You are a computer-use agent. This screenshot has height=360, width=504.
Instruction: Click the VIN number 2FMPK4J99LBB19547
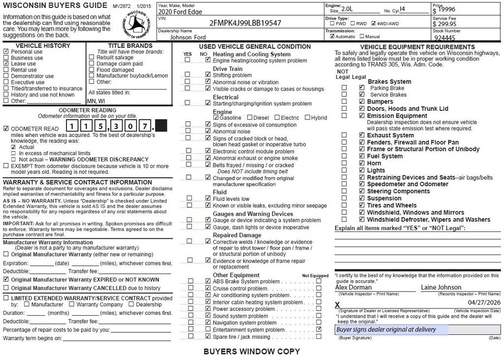(x=245, y=23)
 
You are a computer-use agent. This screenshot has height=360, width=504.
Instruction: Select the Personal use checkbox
(x=6, y=51)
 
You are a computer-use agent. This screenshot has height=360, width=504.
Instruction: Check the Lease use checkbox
(x=6, y=64)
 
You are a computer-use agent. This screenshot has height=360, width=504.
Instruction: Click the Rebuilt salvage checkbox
(x=92, y=57)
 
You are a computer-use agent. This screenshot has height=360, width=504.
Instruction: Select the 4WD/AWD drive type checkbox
(x=374, y=23)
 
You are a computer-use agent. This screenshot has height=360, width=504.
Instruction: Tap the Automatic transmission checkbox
(x=332, y=36)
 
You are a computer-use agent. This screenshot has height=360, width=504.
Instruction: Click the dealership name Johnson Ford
(x=188, y=37)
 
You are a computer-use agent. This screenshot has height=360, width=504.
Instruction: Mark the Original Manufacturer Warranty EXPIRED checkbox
(x=6, y=279)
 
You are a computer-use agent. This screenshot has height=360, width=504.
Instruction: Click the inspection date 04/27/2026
(x=484, y=302)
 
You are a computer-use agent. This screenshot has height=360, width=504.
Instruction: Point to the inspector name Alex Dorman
(x=353, y=287)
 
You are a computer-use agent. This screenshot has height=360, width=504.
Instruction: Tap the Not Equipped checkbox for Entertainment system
(x=319, y=329)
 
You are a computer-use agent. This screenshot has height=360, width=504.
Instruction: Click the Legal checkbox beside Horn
(x=362, y=163)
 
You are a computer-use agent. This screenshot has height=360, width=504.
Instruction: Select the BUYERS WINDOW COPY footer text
(x=252, y=352)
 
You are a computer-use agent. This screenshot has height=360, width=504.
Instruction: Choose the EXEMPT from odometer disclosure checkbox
(x=6, y=166)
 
